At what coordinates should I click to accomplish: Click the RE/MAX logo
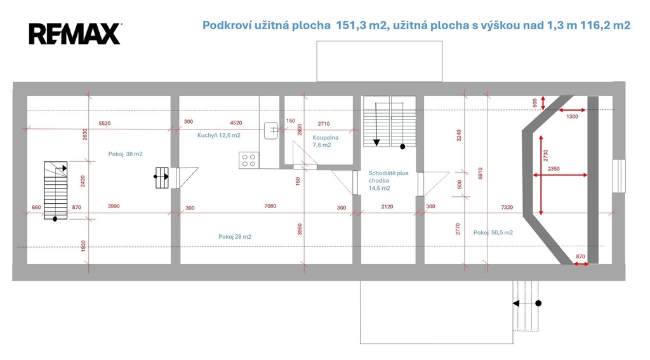[x=75, y=34]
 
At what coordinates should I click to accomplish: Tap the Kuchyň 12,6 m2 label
[x=218, y=135]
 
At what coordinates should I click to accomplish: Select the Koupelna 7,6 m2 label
[x=326, y=141]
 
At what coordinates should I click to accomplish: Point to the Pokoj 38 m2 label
[x=125, y=154]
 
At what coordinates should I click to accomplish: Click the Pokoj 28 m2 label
[x=235, y=237]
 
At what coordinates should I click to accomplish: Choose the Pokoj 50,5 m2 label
[x=493, y=232]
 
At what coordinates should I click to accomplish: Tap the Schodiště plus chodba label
[x=388, y=177]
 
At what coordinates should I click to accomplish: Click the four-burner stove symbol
[x=249, y=160]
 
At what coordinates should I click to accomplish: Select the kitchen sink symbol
[x=270, y=130]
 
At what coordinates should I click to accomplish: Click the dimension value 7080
[x=270, y=206]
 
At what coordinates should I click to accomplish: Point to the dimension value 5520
[x=105, y=124]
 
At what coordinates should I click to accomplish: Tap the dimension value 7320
[x=507, y=207]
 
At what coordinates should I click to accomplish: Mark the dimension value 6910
[x=480, y=173]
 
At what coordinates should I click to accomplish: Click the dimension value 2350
[x=554, y=169]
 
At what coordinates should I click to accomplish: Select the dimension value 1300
[x=572, y=117]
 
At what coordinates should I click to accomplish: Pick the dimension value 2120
[x=387, y=206]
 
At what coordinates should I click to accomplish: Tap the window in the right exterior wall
[x=619, y=176]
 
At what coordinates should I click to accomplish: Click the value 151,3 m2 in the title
[x=361, y=25]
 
